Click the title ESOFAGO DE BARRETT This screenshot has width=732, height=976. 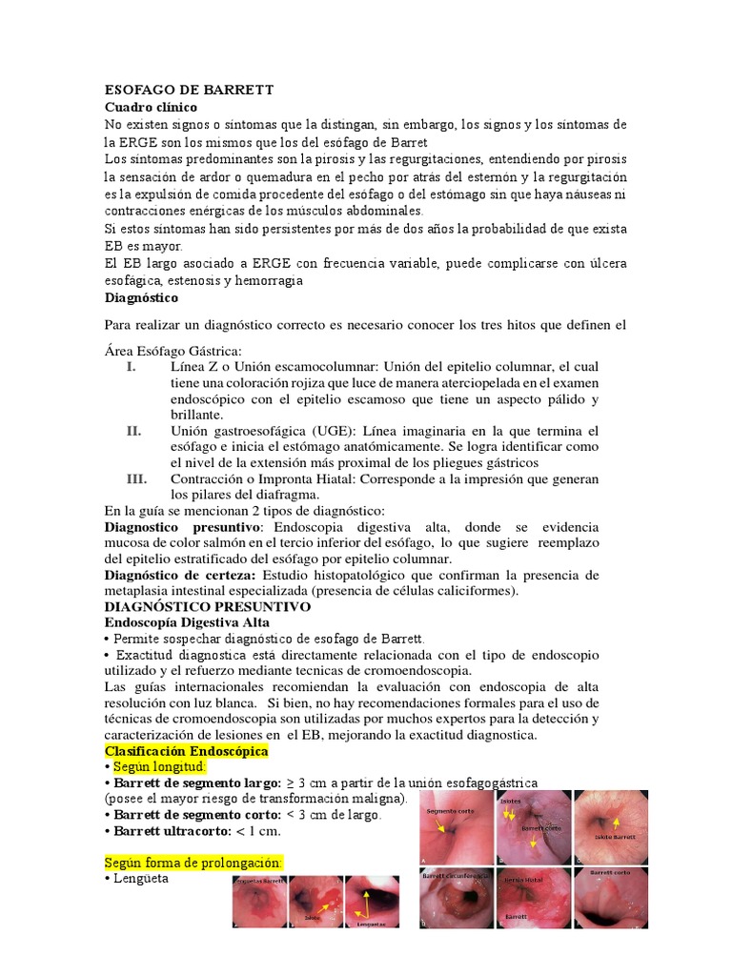click(189, 90)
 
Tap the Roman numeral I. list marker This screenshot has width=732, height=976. click(132, 367)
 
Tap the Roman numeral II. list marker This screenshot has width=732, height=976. click(134, 431)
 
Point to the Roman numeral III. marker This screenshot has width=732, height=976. click(136, 478)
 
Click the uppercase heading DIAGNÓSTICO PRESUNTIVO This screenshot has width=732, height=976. click(207, 606)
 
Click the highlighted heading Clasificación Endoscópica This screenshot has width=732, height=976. click(186, 751)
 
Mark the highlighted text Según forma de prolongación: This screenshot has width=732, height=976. click(193, 863)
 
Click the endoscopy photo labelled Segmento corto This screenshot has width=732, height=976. click(457, 827)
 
